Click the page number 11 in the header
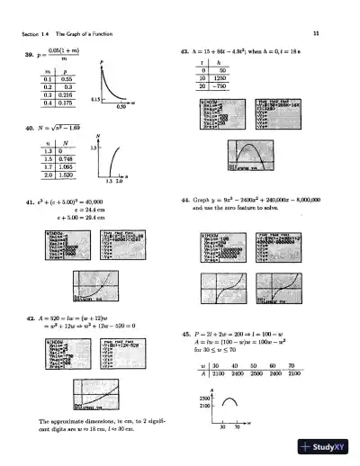331,35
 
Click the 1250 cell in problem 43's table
225,78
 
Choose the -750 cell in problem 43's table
225,87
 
